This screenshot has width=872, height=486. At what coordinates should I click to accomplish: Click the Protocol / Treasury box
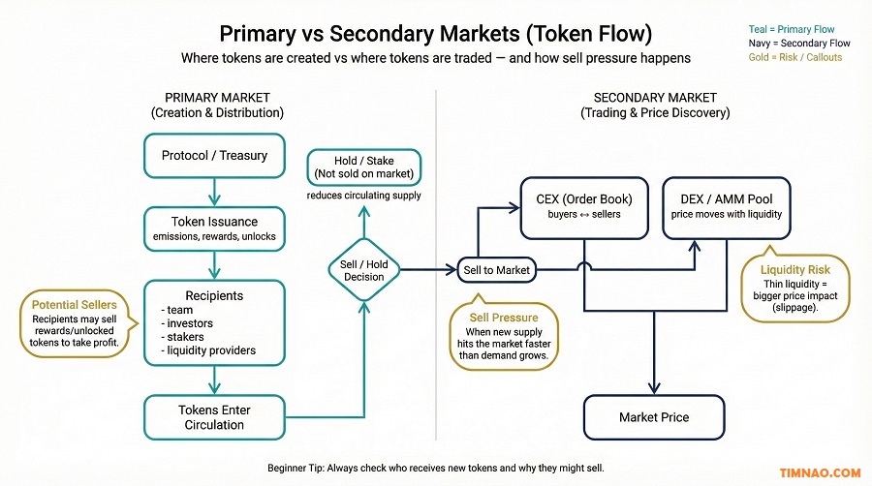click(214, 156)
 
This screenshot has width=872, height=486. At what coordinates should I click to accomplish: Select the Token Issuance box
click(214, 228)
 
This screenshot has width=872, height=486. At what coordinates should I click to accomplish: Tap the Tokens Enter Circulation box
click(214, 416)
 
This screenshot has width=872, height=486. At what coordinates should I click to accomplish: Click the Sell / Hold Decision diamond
click(364, 269)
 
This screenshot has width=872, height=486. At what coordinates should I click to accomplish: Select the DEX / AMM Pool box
click(725, 206)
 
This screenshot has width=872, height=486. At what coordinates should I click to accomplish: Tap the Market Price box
click(654, 417)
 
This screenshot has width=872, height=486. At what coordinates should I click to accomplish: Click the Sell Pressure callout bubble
click(504, 336)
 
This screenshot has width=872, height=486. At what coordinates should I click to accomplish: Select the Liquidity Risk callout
click(795, 288)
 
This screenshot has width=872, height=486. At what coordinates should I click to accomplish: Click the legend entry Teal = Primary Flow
click(791, 30)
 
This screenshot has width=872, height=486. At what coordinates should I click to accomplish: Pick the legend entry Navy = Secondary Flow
click(798, 44)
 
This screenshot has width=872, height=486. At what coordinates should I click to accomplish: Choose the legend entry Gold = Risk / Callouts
click(794, 57)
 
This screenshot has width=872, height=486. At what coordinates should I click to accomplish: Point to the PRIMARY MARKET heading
click(217, 98)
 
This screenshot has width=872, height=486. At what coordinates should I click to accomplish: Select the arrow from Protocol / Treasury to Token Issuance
click(214, 192)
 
